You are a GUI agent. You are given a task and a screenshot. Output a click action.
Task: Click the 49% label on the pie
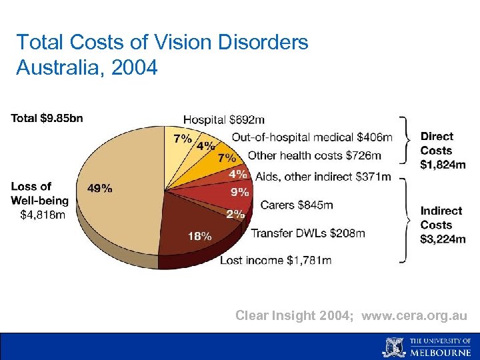point(99,189)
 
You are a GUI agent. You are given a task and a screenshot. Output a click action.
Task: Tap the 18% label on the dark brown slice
point(199,236)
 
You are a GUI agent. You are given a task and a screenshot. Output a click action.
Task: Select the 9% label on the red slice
point(239,193)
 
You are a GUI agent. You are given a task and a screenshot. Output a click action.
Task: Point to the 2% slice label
point(235,214)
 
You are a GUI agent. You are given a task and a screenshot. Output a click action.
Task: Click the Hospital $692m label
point(223,120)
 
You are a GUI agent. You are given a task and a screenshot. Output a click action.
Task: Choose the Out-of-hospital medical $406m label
point(311,137)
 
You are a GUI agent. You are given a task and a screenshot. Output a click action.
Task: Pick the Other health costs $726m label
point(314,155)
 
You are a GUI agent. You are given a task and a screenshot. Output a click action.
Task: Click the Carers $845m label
point(296,205)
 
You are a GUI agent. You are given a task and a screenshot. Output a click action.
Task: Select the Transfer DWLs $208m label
point(307,233)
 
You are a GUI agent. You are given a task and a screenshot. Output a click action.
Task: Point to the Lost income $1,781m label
point(275,260)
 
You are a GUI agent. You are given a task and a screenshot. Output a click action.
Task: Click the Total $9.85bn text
point(47,119)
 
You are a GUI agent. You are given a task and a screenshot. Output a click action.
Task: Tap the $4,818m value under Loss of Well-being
point(43,215)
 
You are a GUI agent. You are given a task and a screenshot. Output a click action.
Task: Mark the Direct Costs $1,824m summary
point(443,151)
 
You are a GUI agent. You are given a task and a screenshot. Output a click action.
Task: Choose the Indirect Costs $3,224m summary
point(443,225)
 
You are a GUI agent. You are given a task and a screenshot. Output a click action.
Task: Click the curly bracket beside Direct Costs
point(404,140)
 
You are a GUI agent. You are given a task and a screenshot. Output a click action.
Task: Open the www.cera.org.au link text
point(414,315)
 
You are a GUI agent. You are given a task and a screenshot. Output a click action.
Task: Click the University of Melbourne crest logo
point(393,347)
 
